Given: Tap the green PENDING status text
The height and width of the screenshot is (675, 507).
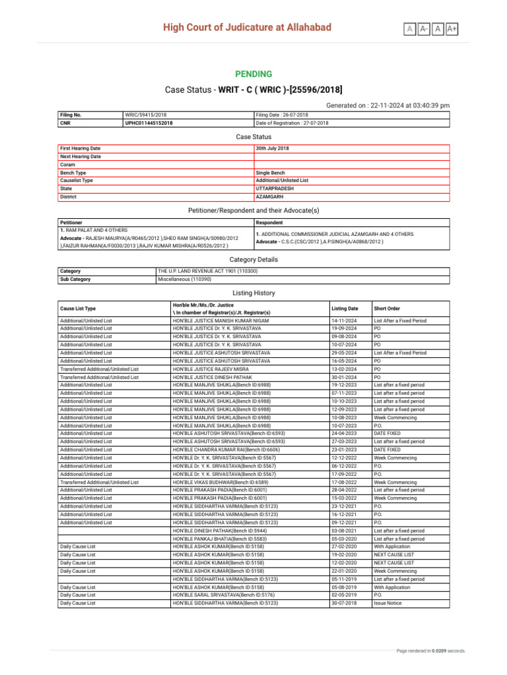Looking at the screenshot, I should tap(253, 74).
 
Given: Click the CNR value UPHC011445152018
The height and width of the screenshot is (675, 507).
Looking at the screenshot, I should tap(149, 123).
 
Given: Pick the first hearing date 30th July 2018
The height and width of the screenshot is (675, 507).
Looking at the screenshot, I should tap(272, 148).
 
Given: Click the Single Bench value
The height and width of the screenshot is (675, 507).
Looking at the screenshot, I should tap(270, 172).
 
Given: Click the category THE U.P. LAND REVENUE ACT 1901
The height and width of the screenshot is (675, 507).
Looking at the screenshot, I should tap(208, 271).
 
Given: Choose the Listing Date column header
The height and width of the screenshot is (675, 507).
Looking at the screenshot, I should tap(345, 308).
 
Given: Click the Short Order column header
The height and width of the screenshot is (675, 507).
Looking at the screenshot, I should tap(386, 308).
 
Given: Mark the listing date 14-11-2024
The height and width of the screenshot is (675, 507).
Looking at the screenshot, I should tap(345, 320).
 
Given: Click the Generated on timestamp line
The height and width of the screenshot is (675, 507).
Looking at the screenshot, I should tap(388, 105).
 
